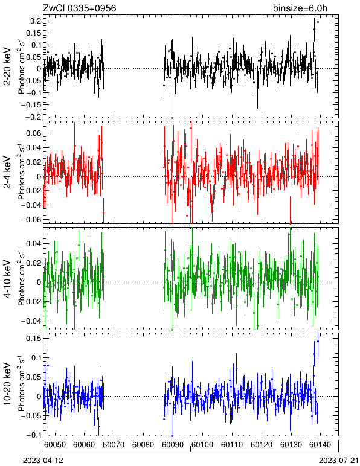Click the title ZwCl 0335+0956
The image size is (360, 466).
click(x=80, y=8)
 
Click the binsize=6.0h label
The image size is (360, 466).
click(x=300, y=8)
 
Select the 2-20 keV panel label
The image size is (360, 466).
click(x=7, y=66)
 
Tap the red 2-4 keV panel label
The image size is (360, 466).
click(x=7, y=173)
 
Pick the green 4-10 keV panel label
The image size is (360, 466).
click(x=7, y=279)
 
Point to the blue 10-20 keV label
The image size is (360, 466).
click(x=7, y=384)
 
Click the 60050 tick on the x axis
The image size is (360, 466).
click(x=55, y=445)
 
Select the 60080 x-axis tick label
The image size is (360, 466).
click(x=143, y=445)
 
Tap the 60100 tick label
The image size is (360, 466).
click(x=202, y=445)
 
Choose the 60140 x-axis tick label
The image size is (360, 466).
click(x=321, y=445)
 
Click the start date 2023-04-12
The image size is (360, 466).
click(x=43, y=461)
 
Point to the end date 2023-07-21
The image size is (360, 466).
click(x=339, y=461)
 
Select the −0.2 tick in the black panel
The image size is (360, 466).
click(x=33, y=116)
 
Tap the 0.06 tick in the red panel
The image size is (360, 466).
click(x=33, y=133)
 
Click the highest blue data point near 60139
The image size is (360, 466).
click(x=318, y=341)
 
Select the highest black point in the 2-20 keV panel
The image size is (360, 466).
click(x=318, y=22)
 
